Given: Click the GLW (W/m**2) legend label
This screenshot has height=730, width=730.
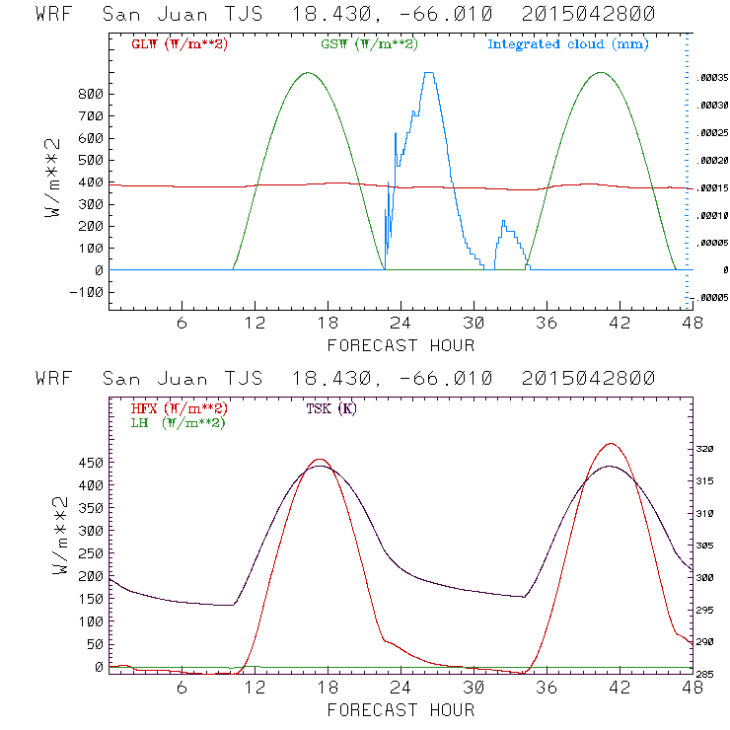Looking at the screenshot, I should (x=179, y=44).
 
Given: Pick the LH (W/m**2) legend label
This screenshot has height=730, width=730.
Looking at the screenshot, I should (x=177, y=422).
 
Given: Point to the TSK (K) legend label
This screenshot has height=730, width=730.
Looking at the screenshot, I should (x=331, y=408).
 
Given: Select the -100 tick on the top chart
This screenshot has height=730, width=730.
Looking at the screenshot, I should (x=87, y=292).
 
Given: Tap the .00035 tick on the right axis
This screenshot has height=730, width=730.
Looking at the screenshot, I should (x=712, y=76).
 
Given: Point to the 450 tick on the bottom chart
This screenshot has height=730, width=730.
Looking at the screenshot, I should (x=91, y=463).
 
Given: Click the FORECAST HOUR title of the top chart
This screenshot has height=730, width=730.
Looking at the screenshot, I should (x=401, y=345).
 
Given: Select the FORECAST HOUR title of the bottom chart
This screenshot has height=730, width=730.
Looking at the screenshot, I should (x=401, y=710).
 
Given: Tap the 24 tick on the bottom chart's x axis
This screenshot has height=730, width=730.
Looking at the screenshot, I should (x=401, y=687).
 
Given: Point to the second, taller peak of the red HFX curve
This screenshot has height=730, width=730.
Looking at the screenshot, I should (x=611, y=444).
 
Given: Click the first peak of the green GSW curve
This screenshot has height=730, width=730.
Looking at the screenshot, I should (x=309, y=72).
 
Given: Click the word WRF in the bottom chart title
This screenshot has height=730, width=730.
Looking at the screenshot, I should (x=52, y=379).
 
